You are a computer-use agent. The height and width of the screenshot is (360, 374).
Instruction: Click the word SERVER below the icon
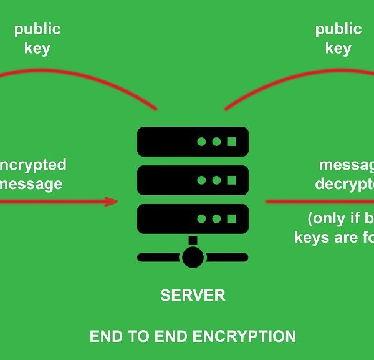193,295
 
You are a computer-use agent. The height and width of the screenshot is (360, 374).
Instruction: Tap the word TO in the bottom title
135,337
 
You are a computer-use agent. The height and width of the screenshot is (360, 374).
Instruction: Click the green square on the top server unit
231,142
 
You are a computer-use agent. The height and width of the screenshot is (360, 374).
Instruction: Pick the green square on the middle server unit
231,180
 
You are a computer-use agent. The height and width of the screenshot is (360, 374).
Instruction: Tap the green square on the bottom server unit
231,218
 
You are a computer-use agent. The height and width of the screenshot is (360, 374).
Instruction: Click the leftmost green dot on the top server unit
201,142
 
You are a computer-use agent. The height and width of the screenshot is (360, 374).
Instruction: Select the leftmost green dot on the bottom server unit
201,218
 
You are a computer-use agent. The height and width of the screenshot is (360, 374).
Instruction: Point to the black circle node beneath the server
193,256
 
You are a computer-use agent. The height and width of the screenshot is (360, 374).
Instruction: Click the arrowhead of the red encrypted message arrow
112,201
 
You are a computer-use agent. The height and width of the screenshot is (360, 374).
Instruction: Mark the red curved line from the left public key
81,78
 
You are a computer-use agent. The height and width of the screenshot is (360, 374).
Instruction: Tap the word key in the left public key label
37,49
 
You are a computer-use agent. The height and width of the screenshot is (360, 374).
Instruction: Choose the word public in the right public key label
338,29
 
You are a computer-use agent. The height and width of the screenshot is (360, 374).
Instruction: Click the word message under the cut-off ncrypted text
31,184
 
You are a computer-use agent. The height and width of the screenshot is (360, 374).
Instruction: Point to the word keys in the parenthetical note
312,238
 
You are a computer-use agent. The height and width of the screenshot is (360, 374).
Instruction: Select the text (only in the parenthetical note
328,219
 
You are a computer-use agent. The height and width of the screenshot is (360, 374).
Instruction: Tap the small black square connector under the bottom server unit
193,240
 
